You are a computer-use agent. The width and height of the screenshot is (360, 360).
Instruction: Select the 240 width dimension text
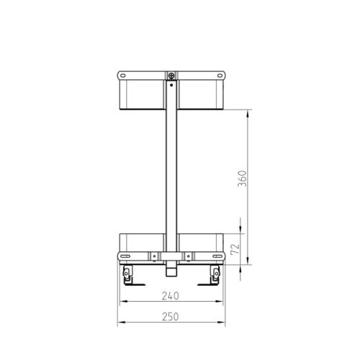tap(171, 295)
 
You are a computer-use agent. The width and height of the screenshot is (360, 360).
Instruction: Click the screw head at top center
tap(171, 76)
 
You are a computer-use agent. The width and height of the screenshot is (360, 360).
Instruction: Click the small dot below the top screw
tap(171, 85)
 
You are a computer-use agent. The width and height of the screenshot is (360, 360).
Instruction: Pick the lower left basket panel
tap(140, 243)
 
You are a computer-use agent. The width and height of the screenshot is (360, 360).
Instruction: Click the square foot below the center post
tap(171, 272)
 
